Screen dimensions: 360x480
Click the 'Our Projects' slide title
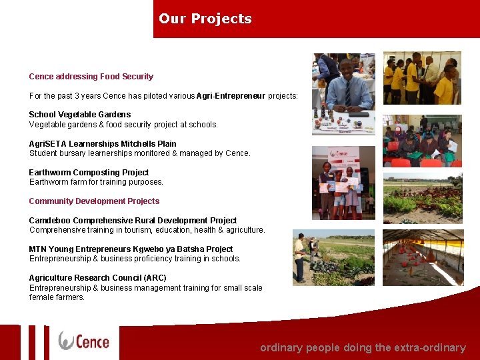205,19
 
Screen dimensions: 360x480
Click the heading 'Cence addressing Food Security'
91,77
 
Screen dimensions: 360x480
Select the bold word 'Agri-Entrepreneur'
231,96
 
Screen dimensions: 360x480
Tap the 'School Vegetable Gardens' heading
80,115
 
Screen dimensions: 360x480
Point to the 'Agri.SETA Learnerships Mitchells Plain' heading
103,144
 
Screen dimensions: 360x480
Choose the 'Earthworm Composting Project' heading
89,173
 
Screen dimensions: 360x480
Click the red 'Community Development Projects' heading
94,201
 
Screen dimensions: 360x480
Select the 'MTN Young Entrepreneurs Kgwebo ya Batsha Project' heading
131,249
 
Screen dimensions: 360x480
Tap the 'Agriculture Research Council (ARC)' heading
97,278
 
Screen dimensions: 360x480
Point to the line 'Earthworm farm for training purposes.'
96,182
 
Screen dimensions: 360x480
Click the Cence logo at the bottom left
84,341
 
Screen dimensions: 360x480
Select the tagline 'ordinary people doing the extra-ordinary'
363,347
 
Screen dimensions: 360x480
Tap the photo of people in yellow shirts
421,78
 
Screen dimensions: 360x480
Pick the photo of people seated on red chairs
421,141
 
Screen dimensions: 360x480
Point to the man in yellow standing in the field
300,257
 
